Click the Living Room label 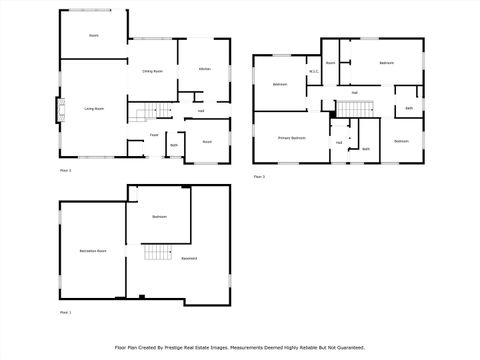tap(94, 108)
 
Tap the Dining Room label tap(153, 71)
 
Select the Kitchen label tap(204, 69)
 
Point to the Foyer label tap(155, 135)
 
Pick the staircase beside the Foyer tap(149, 112)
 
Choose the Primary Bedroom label tap(292, 137)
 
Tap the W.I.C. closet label tap(313, 71)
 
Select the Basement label tap(189, 259)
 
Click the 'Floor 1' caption tap(65, 313)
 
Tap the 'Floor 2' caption tap(65, 171)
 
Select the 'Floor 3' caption tap(259, 177)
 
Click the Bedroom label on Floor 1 tap(159, 217)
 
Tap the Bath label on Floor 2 tap(174, 146)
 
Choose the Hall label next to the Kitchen tap(201, 111)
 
